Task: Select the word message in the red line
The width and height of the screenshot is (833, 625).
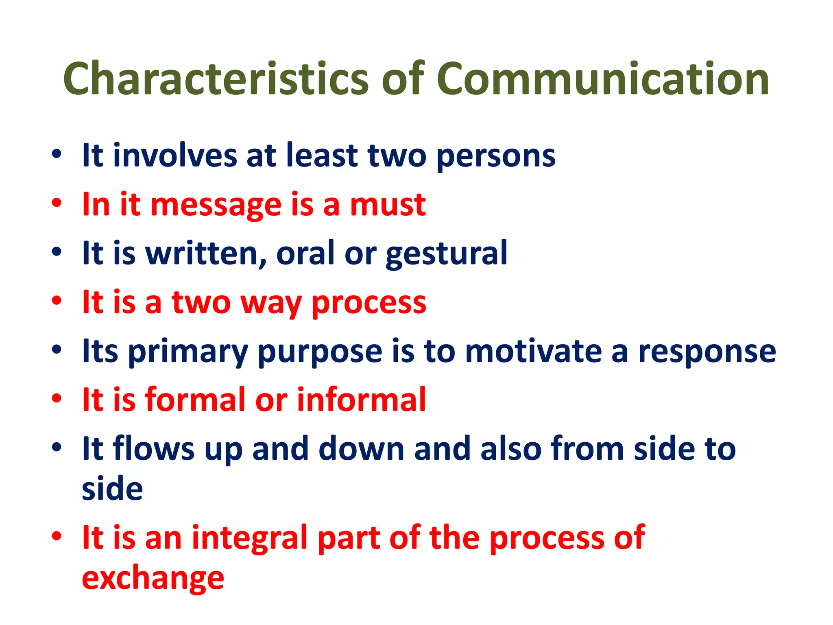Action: coord(216,205)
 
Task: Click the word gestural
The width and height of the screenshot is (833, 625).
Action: coord(446,254)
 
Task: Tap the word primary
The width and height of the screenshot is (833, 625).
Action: coord(188,352)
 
